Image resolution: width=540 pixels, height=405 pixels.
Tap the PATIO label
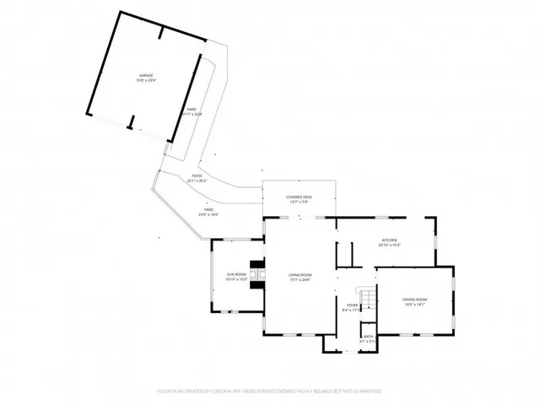pyautogui.click(x=196, y=175)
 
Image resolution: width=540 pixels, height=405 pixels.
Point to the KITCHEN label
pyautogui.click(x=389, y=240)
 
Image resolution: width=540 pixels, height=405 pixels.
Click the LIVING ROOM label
pyautogui.click(x=300, y=274)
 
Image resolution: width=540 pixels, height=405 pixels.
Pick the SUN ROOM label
pyautogui.click(x=235, y=274)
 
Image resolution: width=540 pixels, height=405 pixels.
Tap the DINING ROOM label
pyautogui.click(x=414, y=300)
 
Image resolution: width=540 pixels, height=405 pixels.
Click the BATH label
pyautogui.click(x=368, y=337)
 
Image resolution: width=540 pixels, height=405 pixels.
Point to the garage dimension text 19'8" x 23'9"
pyautogui.click(x=146, y=82)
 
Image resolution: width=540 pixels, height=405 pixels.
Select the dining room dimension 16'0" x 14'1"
pyautogui.click(x=414, y=305)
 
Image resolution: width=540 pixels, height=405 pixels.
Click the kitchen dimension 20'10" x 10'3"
pyautogui.click(x=389, y=246)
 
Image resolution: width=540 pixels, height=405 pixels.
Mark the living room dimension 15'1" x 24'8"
pyautogui.click(x=300, y=279)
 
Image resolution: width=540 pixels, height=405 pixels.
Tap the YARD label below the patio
pyautogui.click(x=208, y=210)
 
